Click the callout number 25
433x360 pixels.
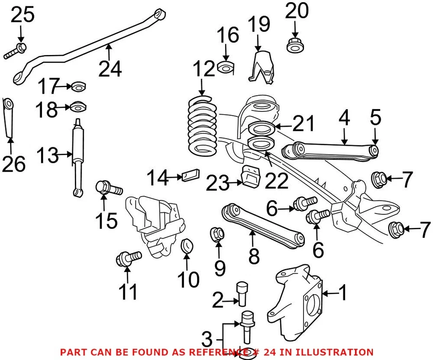coord(23,15)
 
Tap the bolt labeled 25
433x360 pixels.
coord(16,50)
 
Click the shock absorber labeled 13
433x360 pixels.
coord(78,158)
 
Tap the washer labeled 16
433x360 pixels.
coord(226,68)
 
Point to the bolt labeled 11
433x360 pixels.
coord(128,258)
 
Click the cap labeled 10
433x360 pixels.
coord(187,247)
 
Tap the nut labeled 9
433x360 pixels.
coord(218,234)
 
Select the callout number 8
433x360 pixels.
coord(254,255)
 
